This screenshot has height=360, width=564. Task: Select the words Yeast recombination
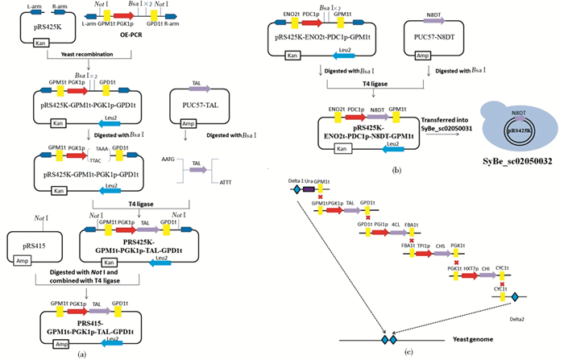point(81,55)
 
